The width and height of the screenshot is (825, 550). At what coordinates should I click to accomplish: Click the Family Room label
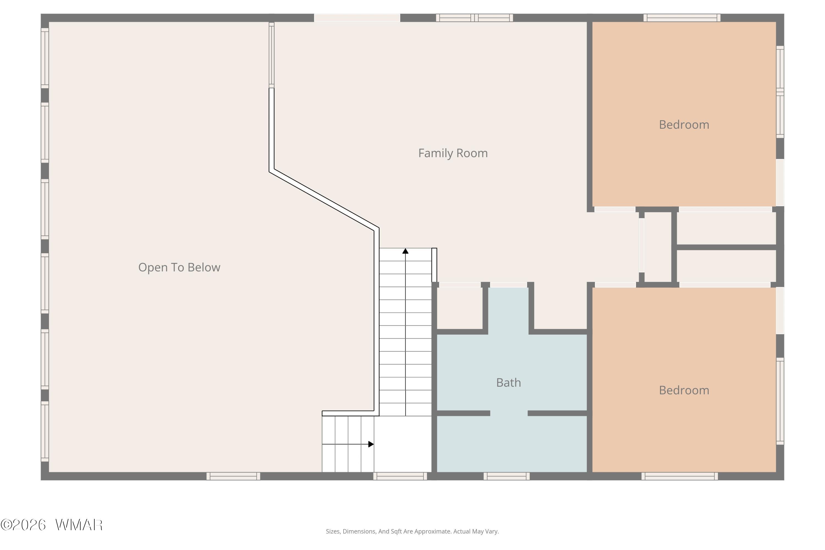(x=453, y=153)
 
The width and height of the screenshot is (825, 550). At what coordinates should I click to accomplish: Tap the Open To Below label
(x=179, y=268)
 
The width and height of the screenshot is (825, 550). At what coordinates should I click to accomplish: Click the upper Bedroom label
(x=684, y=125)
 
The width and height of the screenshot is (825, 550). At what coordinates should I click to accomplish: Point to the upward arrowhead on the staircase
(x=405, y=251)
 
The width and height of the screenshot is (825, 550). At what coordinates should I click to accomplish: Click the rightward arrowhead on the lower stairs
(x=371, y=444)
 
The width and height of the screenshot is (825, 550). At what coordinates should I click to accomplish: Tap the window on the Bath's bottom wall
(x=507, y=476)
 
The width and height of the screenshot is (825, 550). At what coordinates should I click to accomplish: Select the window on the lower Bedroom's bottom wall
(x=680, y=476)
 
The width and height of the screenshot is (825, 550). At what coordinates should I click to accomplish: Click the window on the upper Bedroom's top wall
(x=682, y=18)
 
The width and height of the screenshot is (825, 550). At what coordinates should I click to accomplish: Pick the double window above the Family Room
(x=475, y=18)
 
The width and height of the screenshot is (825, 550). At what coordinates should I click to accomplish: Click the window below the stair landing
(x=400, y=476)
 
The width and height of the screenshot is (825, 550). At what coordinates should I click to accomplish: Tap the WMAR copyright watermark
(x=52, y=525)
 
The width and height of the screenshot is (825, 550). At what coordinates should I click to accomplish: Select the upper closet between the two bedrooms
(x=726, y=228)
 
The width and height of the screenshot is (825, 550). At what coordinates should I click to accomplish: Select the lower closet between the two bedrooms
(x=726, y=266)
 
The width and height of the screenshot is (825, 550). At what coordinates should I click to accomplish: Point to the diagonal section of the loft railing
(x=324, y=200)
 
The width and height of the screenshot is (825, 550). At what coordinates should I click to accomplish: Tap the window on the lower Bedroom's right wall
(x=780, y=401)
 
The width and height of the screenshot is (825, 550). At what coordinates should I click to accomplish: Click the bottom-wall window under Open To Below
(x=233, y=476)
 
